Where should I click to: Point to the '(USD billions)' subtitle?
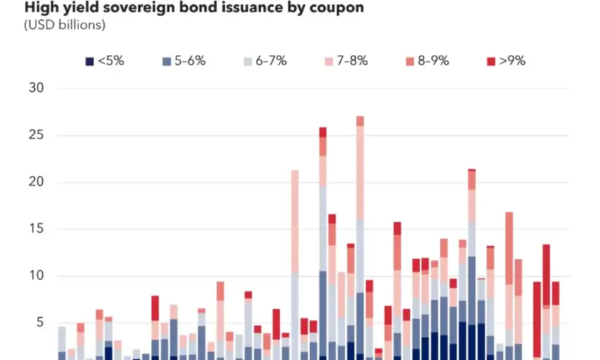point(65,25)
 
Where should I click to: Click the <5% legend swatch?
point(89,61)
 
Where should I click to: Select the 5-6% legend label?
point(189,61)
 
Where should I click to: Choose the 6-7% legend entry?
point(265,61)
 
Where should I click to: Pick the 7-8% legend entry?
point(346,61)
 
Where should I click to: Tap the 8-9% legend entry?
point(427,61)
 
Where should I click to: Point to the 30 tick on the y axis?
point(37,88)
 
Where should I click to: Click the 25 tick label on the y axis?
point(37,135)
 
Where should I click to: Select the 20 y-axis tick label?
point(37,182)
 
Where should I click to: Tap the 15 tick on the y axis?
point(37,229)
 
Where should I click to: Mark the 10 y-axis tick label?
point(37,276)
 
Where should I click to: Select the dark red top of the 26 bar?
point(323,132)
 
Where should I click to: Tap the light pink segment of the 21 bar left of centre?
point(295,222)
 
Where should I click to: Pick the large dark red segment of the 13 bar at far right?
point(547,274)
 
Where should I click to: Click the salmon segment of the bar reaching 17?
point(509,248)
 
